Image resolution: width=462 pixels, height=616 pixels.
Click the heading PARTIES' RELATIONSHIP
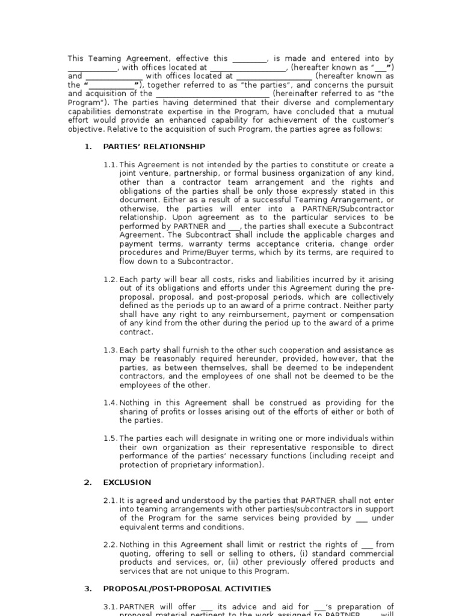[x=154, y=147]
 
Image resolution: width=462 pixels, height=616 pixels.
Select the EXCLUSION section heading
[x=127, y=482]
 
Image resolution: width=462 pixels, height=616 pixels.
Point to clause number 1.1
[x=111, y=165]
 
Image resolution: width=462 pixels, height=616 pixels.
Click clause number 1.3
[x=111, y=350]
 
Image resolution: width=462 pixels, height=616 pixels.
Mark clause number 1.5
[x=111, y=439]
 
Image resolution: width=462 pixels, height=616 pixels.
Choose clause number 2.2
[x=111, y=544]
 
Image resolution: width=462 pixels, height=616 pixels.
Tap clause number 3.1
[x=111, y=606]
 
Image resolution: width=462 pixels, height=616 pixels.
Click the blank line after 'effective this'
[x=249, y=59]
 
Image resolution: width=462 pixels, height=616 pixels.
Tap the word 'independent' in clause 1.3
[x=366, y=368]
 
